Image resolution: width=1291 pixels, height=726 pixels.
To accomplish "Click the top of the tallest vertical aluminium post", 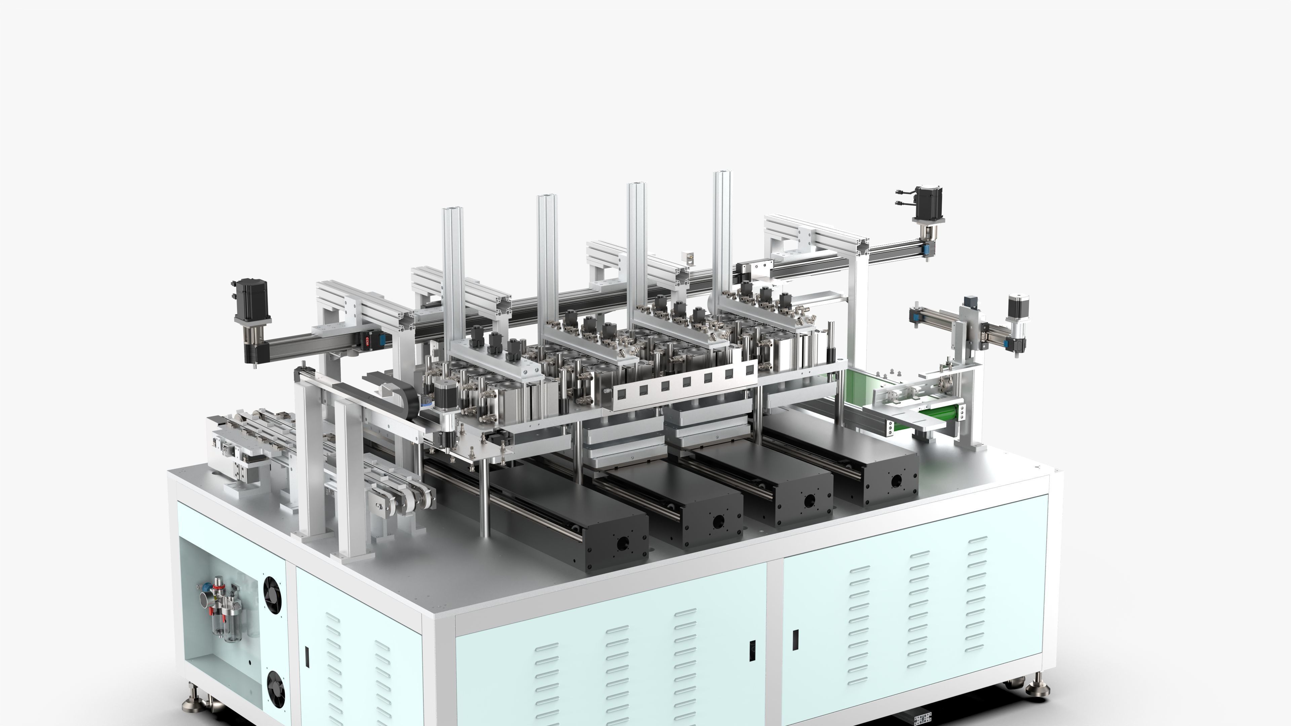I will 722,173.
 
